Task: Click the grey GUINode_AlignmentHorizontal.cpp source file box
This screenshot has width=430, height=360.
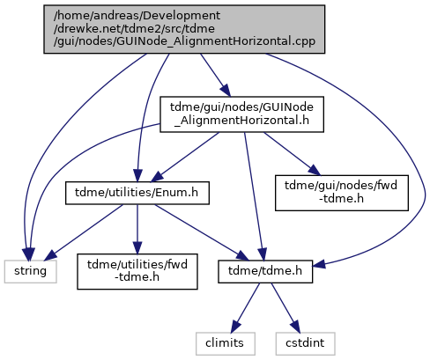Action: (184, 29)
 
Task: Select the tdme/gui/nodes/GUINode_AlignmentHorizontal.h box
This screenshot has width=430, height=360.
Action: (241, 114)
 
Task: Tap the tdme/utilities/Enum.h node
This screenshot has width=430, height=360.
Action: (137, 193)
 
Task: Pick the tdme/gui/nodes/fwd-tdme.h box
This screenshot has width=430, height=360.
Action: (342, 193)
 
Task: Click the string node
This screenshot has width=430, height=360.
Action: (30, 271)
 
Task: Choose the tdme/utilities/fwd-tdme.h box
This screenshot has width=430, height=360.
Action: (137, 271)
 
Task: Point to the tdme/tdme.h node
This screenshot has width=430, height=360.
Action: (265, 271)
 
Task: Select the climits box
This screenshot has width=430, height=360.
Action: (225, 343)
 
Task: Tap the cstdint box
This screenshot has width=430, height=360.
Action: (305, 343)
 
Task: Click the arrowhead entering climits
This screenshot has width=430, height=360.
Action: (235, 326)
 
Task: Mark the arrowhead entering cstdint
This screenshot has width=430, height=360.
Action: (295, 326)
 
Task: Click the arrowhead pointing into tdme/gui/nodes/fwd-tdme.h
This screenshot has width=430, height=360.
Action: (314, 170)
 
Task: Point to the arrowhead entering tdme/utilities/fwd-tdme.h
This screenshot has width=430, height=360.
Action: (137, 247)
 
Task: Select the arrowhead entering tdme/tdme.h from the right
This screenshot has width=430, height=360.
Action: (320, 264)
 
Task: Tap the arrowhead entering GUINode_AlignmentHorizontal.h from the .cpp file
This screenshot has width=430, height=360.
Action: (226, 91)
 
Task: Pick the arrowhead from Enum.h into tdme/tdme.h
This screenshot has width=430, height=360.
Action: (242, 255)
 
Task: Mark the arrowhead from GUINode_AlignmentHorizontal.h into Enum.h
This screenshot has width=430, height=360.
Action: (157, 177)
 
